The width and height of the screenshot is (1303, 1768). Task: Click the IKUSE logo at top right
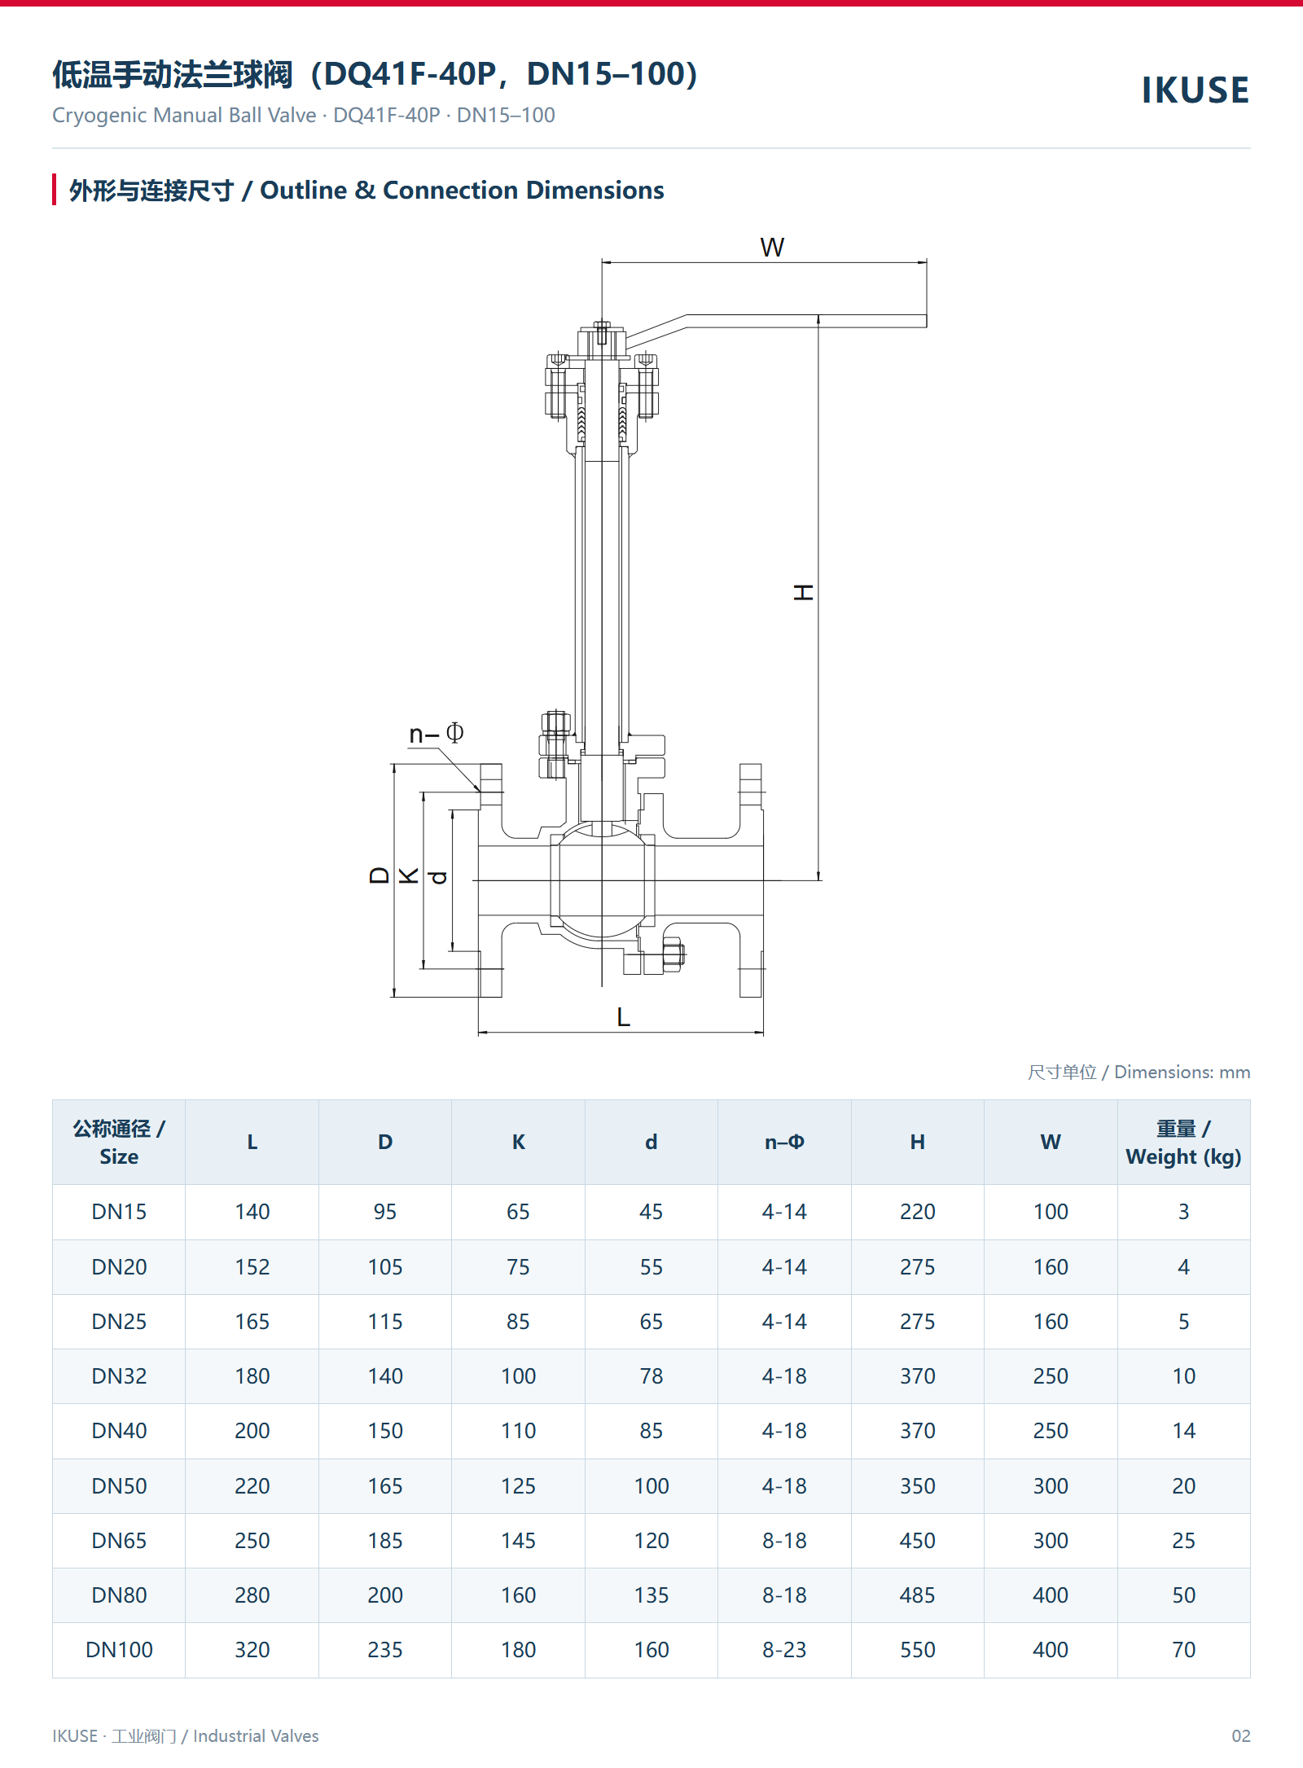click(1195, 90)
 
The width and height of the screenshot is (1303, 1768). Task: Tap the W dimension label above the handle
click(772, 248)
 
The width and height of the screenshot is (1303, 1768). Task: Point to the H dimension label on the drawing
click(804, 592)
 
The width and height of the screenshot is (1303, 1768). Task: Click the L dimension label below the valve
click(624, 1017)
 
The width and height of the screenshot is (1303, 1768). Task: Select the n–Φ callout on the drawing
click(437, 734)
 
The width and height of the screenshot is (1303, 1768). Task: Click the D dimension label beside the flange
click(379, 875)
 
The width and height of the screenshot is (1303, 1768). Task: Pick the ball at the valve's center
click(602, 880)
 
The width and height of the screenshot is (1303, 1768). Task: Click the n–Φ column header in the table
click(784, 1142)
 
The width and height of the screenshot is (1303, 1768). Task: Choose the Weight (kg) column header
click(1183, 1143)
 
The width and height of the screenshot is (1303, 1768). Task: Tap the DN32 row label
click(119, 1376)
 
